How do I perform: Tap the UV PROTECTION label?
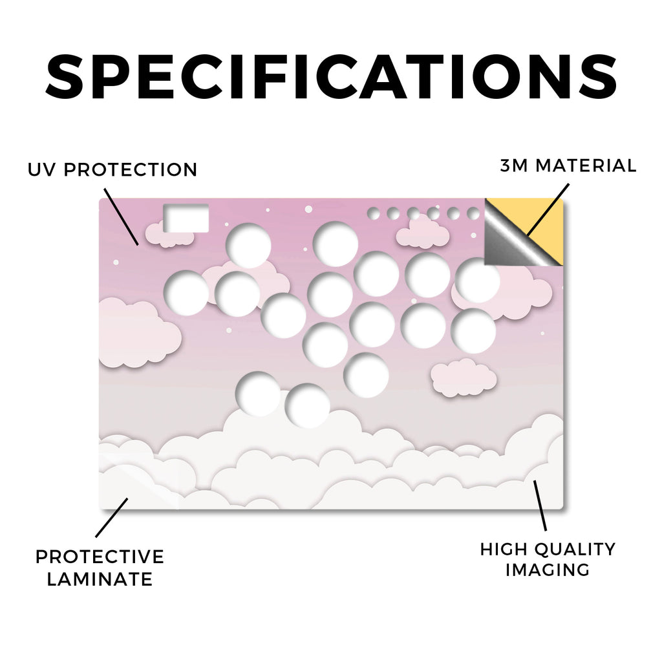coord(112,170)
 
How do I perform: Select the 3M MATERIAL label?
coord(568,165)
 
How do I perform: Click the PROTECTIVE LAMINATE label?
coord(100,568)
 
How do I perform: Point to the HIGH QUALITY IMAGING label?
coord(548,559)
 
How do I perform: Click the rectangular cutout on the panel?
coord(186,219)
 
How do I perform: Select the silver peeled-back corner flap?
coord(509,240)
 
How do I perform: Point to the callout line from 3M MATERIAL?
coord(548,209)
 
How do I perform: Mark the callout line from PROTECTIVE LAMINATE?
coord(111,518)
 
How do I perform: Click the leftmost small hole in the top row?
coord(373,214)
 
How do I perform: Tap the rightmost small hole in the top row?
coord(473,214)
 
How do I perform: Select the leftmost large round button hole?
coord(186,293)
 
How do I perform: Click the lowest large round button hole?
coord(307,406)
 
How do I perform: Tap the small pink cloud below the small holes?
coord(423,233)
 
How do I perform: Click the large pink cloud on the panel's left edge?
coord(140,334)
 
